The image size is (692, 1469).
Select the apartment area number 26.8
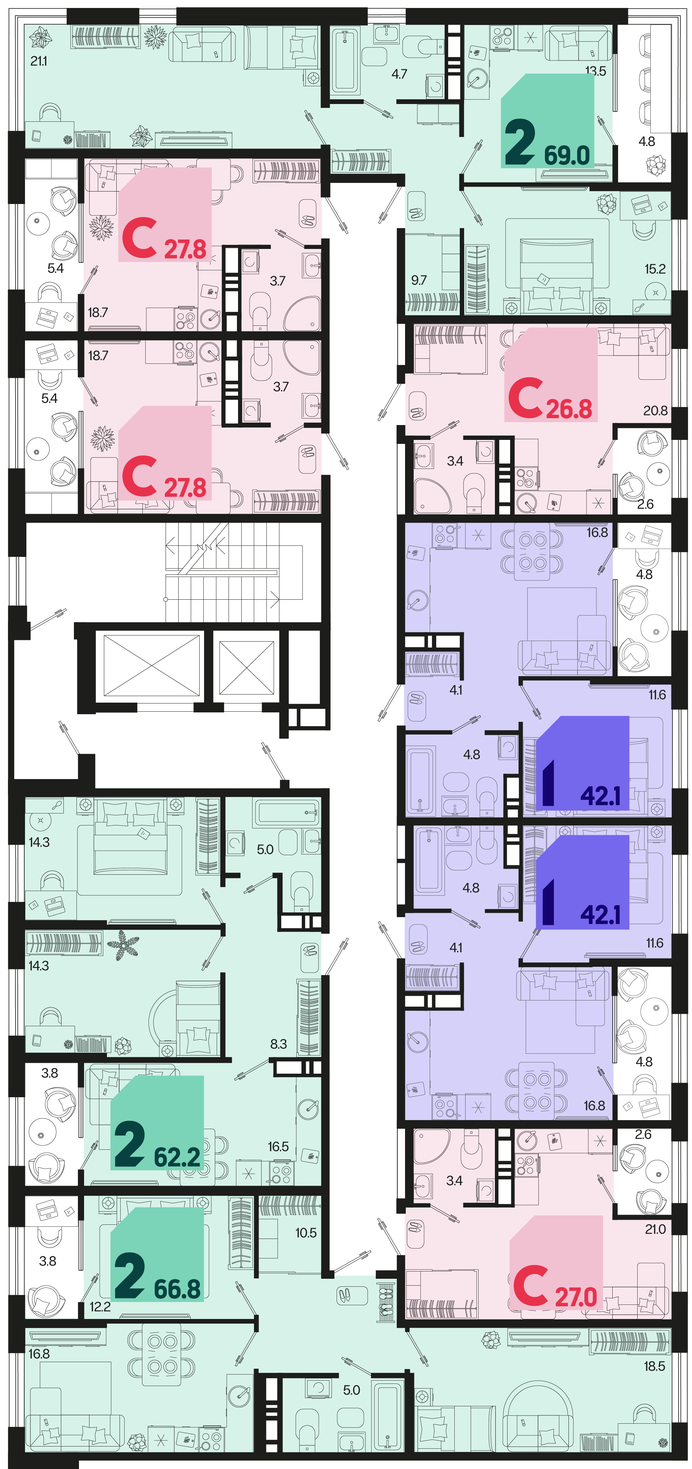[569, 409]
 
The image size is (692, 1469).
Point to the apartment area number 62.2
[177, 1157]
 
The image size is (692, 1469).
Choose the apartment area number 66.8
[177, 1289]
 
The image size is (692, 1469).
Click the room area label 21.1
[39, 61]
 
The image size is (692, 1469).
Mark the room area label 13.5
[595, 71]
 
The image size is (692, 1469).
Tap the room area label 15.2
[655, 269]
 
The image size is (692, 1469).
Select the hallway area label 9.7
[418, 280]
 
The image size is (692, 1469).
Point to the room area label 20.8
[655, 410]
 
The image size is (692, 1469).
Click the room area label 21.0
[655, 1229]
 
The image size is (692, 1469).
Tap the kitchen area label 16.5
[278, 1146]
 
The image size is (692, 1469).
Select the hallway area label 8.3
[278, 1044]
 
